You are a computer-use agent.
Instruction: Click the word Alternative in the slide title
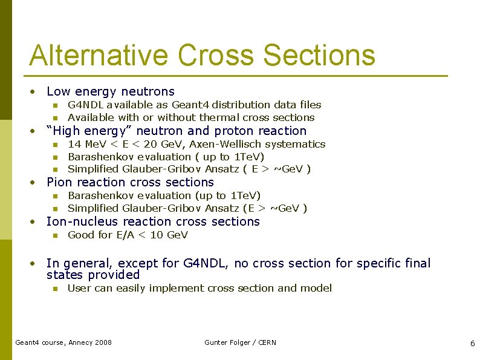[99, 55]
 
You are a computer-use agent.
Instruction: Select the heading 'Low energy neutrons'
[110, 91]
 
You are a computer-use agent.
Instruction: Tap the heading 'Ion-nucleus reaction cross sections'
[153, 221]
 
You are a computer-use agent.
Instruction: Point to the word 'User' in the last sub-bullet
[79, 288]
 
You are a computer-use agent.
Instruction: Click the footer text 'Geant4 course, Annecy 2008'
[63, 342]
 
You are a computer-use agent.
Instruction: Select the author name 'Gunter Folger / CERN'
[240, 342]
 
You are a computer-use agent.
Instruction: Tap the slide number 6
[472, 343]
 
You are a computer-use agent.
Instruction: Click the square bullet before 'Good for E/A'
[54, 235]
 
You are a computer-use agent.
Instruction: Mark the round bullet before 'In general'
[35, 264]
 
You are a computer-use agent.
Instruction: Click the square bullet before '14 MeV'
[54, 145]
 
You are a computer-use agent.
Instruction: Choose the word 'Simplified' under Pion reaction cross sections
[93, 208]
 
